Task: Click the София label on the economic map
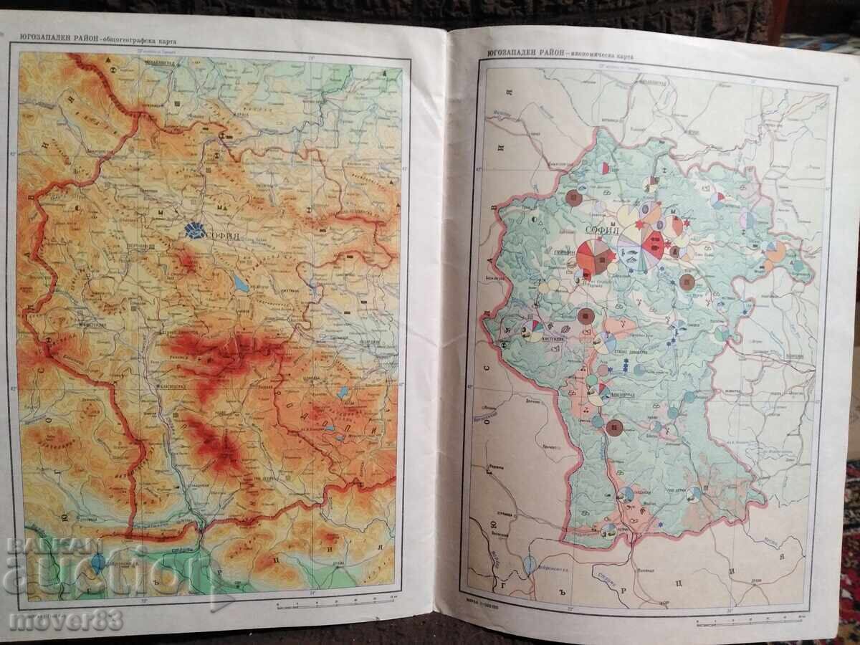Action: [x=602, y=231]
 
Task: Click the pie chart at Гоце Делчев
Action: [x=694, y=494]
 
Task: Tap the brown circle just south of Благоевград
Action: [x=614, y=429]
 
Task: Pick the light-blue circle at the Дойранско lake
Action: [x=530, y=565]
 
